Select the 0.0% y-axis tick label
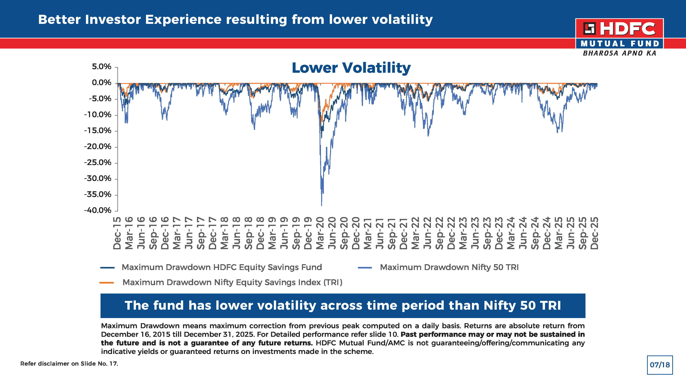(x=101, y=83)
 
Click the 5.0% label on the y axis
(x=101, y=67)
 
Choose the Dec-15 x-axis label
(x=117, y=233)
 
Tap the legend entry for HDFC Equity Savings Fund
(x=222, y=267)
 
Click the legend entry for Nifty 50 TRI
(x=449, y=267)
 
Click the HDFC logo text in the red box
(x=627, y=29)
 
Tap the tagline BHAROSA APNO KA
(x=619, y=53)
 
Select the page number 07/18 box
(x=660, y=365)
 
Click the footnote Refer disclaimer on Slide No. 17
(x=69, y=364)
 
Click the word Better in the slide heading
(x=59, y=20)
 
